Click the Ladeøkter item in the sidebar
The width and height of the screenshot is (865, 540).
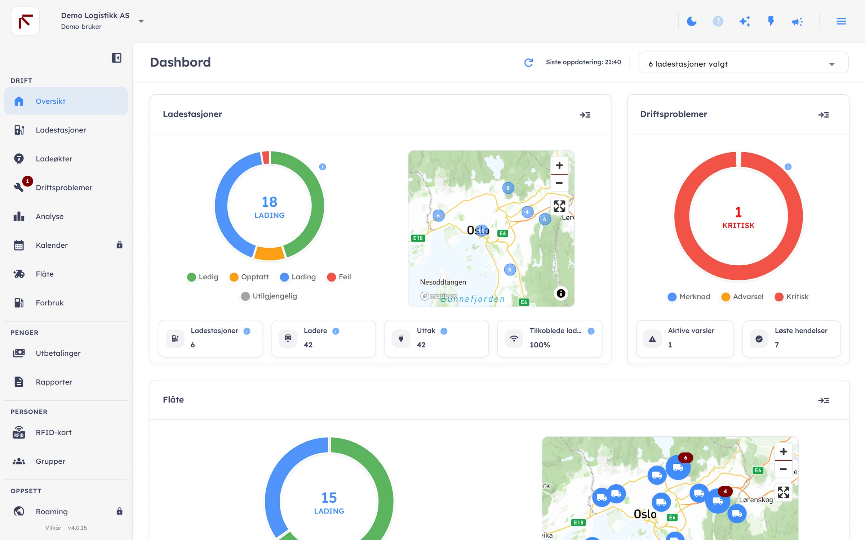(54, 159)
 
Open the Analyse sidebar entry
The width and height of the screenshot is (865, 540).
(50, 216)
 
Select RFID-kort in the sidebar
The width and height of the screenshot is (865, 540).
(54, 432)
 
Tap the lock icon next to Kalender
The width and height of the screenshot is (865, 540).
(120, 245)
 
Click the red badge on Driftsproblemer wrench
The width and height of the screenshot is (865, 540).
(27, 181)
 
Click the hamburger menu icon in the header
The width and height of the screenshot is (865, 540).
(841, 22)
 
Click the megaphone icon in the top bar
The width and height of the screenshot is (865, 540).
(797, 22)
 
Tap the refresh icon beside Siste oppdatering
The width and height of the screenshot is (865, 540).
(529, 62)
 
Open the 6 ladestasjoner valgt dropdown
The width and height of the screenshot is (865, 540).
(743, 64)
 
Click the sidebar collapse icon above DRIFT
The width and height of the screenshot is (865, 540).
(116, 58)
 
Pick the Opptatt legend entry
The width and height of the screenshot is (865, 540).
(249, 277)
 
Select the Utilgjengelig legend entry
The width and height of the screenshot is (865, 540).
(269, 296)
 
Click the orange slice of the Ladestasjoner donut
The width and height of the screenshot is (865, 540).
(269, 253)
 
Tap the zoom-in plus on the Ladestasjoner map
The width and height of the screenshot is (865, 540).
(559, 165)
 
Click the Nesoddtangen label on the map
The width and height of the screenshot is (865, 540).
(443, 282)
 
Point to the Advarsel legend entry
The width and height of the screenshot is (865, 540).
(742, 297)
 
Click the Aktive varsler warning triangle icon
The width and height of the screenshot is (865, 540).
(652, 339)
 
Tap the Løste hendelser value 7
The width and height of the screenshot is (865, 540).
(777, 345)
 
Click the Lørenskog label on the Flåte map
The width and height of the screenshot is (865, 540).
(756, 500)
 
